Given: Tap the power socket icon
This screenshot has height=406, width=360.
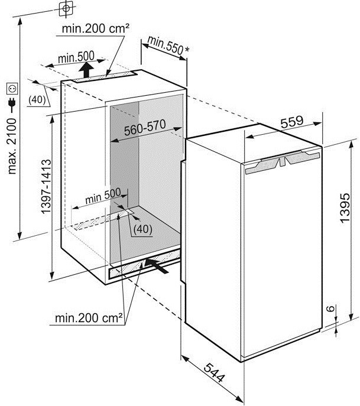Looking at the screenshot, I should pyautogui.click(x=10, y=89).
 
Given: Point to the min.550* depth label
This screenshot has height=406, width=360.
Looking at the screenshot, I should pyautogui.click(x=168, y=46).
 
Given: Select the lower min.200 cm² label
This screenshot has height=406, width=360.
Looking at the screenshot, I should pyautogui.click(x=89, y=319).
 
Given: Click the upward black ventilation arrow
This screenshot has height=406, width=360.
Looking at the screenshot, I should pyautogui.click(x=87, y=71).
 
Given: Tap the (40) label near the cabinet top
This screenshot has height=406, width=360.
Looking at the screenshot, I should pyautogui.click(x=36, y=100).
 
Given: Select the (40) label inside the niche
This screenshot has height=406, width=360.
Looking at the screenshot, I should pyautogui.click(x=142, y=229).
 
